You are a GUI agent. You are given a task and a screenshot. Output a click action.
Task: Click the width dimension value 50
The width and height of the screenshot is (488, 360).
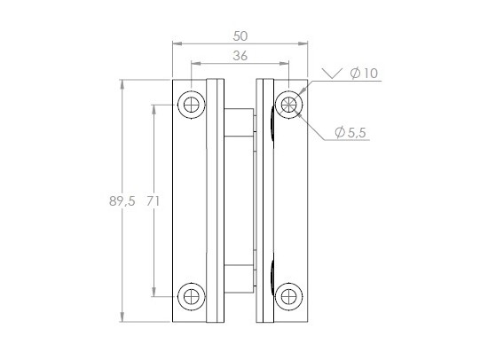(240, 35)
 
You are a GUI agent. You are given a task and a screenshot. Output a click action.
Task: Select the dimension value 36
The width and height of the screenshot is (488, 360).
(240, 56)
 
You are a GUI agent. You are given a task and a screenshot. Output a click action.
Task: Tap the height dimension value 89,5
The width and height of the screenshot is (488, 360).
(122, 201)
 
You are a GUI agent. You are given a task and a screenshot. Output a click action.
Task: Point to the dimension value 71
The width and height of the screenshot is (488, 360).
(153, 201)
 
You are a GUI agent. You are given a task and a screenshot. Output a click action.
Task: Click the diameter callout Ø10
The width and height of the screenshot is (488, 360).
(364, 74)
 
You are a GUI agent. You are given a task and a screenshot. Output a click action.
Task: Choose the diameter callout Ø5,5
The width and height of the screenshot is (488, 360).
(351, 132)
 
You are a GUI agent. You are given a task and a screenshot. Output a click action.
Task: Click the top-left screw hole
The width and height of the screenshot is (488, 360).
(191, 105)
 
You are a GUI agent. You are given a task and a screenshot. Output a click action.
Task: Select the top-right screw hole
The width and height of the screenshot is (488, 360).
(288, 105)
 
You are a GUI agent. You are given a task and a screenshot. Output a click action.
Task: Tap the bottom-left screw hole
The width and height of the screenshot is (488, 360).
(191, 296)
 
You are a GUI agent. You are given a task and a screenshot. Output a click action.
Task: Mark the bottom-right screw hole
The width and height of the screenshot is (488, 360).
(288, 296)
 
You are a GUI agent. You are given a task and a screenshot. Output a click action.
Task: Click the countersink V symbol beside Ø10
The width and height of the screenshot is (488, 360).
(331, 74)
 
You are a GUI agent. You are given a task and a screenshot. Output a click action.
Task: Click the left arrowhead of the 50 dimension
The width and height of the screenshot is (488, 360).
(176, 43)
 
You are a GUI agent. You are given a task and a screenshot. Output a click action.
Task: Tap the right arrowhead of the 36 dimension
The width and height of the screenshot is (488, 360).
(286, 64)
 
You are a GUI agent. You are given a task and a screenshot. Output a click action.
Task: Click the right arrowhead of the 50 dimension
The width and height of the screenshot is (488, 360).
(304, 43)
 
